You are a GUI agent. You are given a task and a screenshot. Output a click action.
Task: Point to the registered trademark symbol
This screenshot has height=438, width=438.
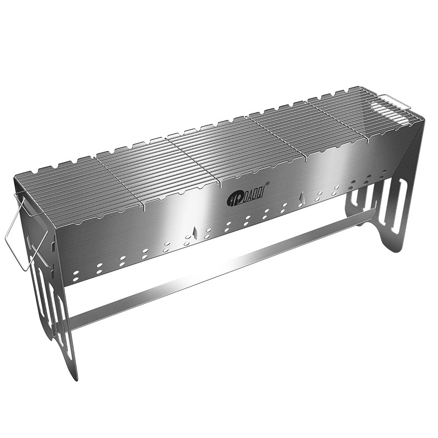click(x=267, y=184)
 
